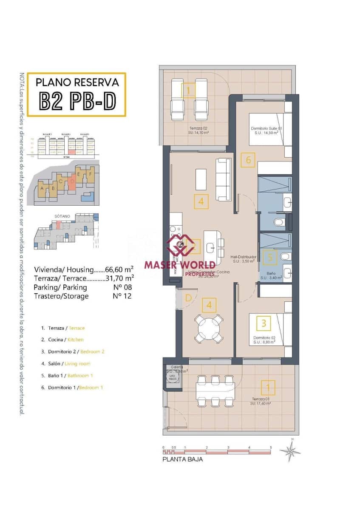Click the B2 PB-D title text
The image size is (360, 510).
tap(77, 100)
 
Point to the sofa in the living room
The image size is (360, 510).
tap(224, 179)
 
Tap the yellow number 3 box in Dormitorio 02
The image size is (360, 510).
tap(264, 323)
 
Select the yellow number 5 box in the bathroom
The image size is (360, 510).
tap(270, 257)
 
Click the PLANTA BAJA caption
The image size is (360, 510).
tap(183, 459)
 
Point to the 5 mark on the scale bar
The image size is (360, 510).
tap(270, 448)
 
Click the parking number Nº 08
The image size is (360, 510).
tap(122, 287)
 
